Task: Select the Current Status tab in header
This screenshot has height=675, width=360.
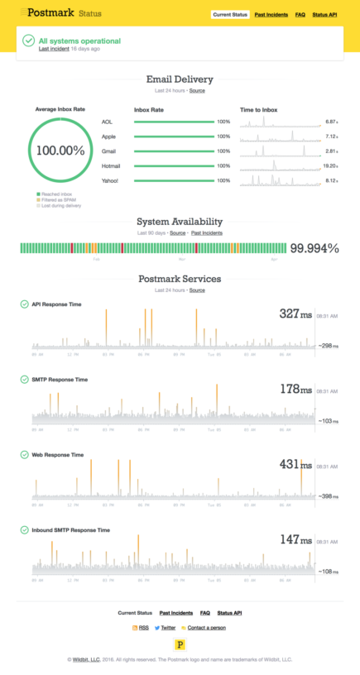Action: point(231,14)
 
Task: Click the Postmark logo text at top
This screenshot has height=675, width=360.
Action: point(51,12)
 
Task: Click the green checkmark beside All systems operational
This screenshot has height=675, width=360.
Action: point(29,41)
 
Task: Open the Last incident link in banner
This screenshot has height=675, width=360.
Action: point(54,49)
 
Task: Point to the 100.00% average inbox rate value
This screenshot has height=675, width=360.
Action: point(60,151)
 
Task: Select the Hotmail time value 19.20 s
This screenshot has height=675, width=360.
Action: point(332,165)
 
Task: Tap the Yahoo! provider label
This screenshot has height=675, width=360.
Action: point(110,180)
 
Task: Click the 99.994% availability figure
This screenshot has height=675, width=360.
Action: point(314,248)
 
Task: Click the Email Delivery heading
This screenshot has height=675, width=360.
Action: point(180,79)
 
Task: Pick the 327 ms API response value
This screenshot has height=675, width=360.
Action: point(295,314)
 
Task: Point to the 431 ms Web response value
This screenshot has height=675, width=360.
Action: point(295,465)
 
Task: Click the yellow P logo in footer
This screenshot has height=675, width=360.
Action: point(180,644)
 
